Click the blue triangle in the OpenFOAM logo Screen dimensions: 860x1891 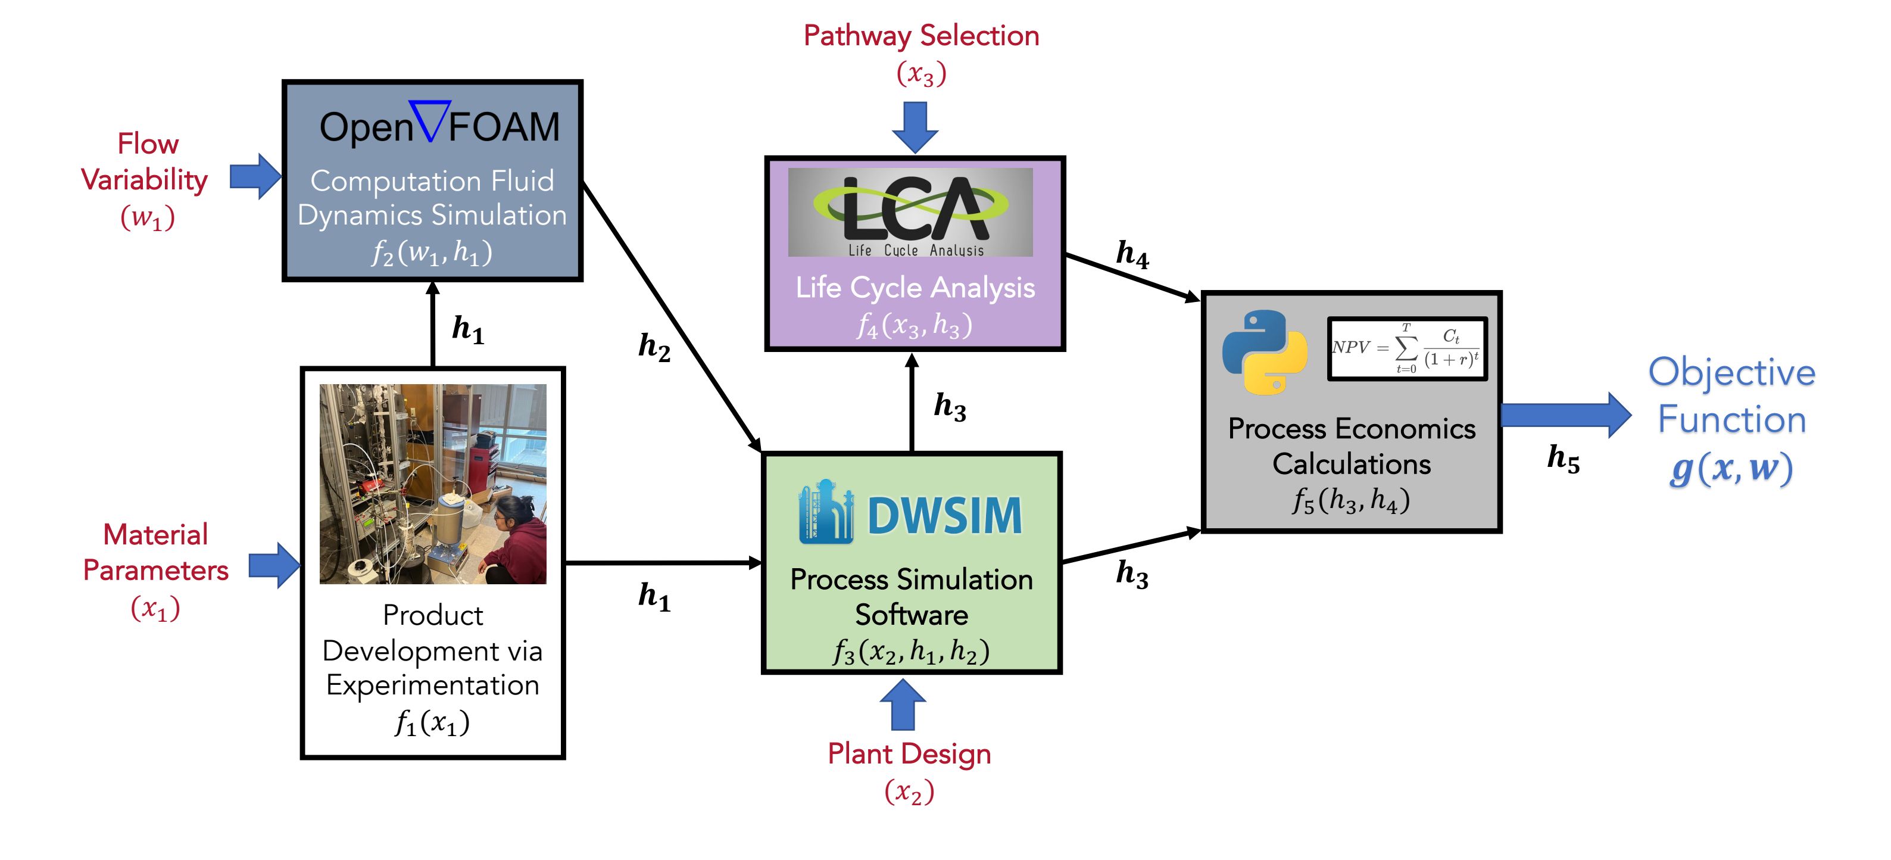[430, 120]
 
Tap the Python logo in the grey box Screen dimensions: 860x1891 [1264, 352]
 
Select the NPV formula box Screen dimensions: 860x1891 [1406, 348]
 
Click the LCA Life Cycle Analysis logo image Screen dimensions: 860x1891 [910, 212]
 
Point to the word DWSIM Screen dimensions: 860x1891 [945, 516]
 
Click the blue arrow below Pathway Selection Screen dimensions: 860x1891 [915, 126]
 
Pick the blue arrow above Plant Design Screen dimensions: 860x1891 [902, 705]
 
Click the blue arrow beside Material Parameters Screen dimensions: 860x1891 [274, 566]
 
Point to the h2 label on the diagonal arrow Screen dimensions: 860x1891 [653, 347]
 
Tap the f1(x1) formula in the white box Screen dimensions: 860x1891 [432, 722]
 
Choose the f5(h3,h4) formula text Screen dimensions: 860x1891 [1351, 501]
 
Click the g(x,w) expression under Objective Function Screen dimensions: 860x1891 [1731, 468]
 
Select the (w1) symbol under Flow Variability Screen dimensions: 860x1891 [148, 217]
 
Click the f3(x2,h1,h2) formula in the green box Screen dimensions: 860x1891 [911, 651]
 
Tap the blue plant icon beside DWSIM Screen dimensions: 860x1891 [826, 512]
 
